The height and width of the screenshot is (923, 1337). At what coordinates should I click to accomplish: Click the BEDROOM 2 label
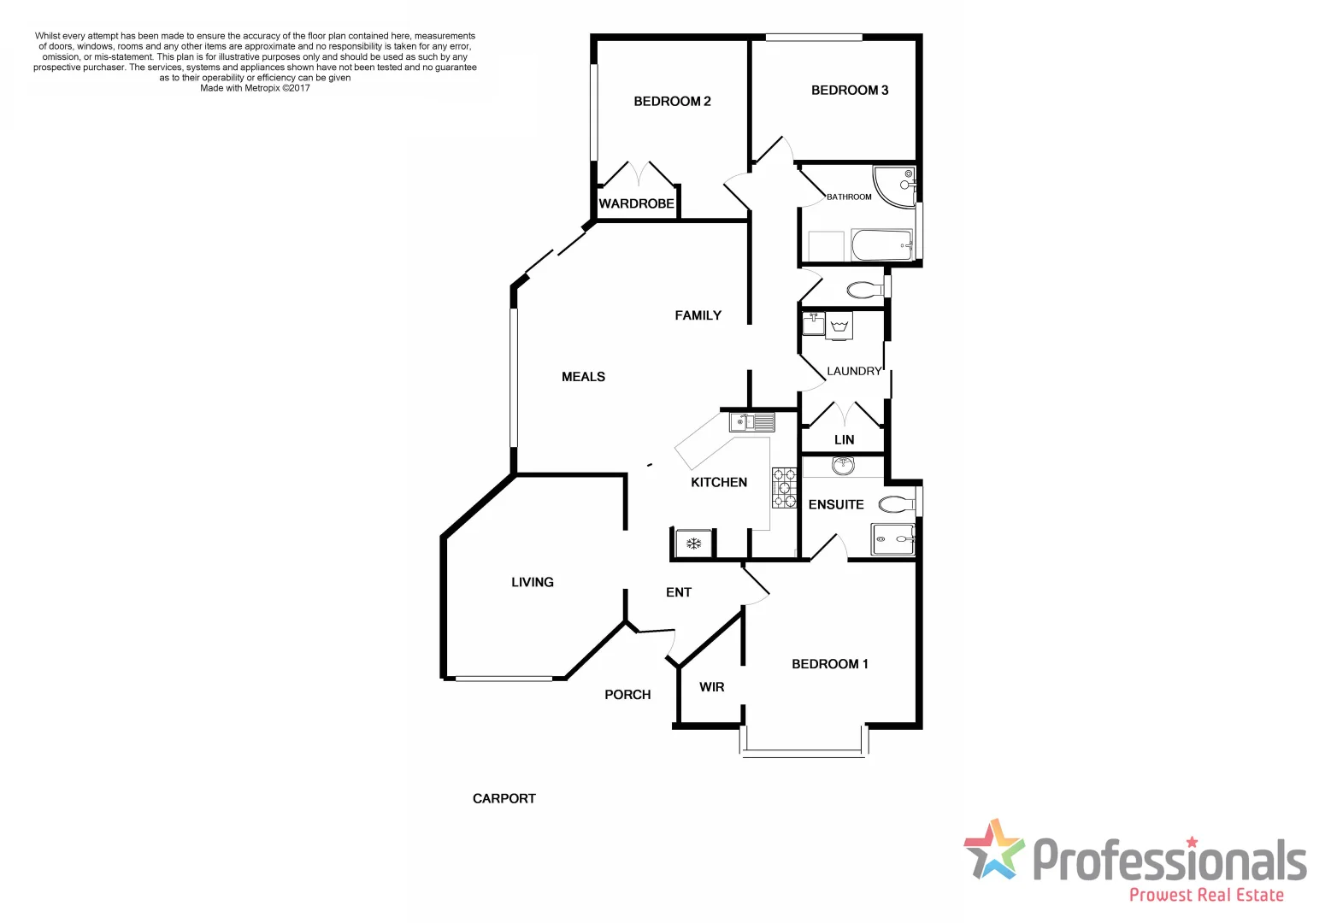[672, 102]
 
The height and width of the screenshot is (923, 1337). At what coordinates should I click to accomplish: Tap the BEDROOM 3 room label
[850, 91]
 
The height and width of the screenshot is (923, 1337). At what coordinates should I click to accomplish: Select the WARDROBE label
[636, 203]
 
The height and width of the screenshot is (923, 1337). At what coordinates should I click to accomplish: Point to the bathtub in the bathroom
[882, 246]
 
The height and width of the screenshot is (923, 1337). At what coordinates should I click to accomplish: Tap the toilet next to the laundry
[865, 290]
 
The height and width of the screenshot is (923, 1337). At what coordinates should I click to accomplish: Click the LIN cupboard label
[844, 440]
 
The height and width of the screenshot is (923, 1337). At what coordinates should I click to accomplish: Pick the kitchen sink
[752, 422]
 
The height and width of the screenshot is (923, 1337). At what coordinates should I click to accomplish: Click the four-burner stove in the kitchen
[784, 487]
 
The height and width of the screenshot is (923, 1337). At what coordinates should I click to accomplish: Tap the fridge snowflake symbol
[694, 543]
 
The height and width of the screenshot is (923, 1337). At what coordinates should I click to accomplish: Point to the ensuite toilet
[897, 503]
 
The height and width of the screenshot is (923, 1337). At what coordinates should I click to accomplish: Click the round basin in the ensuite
[844, 467]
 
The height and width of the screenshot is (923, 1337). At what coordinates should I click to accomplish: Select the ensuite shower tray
[892, 539]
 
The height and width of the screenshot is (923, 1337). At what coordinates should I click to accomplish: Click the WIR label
[711, 687]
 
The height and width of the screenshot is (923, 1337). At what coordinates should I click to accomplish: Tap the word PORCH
[627, 695]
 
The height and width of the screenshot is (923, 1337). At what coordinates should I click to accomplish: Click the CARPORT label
[504, 798]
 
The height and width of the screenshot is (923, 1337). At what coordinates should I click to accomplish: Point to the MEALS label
[583, 377]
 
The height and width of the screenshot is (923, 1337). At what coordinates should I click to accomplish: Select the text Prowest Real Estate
[1206, 895]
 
